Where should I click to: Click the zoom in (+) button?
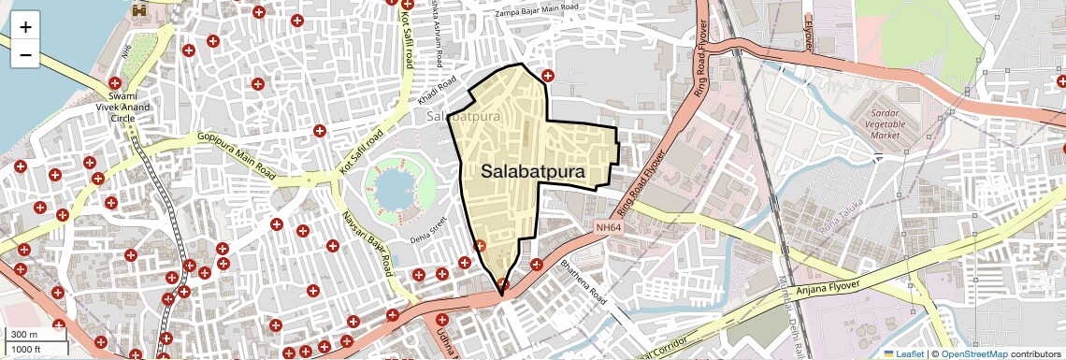(25, 27)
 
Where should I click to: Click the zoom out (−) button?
(25, 55)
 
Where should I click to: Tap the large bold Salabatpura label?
(533, 172)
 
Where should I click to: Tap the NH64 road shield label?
(608, 227)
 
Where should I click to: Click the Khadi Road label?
(436, 91)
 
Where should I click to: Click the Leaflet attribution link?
(903, 353)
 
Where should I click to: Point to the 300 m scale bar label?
(23, 335)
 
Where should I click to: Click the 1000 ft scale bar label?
(26, 349)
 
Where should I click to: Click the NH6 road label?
(127, 50)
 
